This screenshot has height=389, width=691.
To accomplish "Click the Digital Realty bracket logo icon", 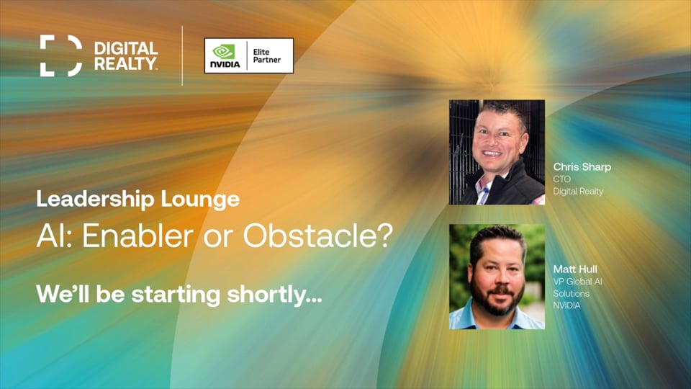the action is tap(60, 55).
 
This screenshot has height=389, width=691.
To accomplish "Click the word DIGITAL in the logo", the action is tap(126, 48).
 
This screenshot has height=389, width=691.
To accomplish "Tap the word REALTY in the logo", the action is tap(125, 63).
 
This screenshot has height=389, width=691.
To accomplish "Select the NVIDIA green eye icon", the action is tap(225, 51).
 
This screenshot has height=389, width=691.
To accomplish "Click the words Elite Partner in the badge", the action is tap(266, 55).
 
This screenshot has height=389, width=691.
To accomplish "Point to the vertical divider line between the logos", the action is tap(182, 55).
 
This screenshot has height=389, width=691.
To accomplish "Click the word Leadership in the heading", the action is tap(95, 199).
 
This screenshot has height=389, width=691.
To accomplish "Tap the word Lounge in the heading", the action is tap(200, 200).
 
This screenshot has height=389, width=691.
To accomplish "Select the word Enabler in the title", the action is tap(137, 236).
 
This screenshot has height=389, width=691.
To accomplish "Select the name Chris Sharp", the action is tap(582, 167).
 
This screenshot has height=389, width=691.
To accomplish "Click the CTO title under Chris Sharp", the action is tap(562, 179).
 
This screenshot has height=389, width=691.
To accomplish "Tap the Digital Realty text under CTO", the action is tap(578, 192).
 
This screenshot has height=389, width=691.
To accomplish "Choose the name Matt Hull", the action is tap(575, 269).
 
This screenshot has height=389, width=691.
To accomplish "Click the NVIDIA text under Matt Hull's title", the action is tap(566, 305).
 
